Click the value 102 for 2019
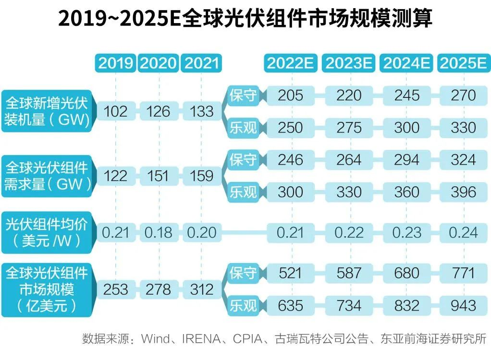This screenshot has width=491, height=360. pyautogui.click(x=116, y=111)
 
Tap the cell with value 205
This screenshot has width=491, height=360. pyautogui.click(x=290, y=95)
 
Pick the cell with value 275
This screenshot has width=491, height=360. pyautogui.click(x=349, y=128)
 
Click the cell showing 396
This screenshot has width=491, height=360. pyautogui.click(x=463, y=192)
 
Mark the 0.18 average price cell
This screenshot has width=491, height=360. pyautogui.click(x=158, y=233)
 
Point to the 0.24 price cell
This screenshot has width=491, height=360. pyautogui.click(x=463, y=233)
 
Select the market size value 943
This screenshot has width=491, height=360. pyautogui.click(x=463, y=305)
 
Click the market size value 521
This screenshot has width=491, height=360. pyautogui.click(x=290, y=273)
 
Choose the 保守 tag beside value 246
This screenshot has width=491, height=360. pyautogui.click(x=243, y=160)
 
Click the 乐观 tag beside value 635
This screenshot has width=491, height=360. pyautogui.click(x=243, y=305)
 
